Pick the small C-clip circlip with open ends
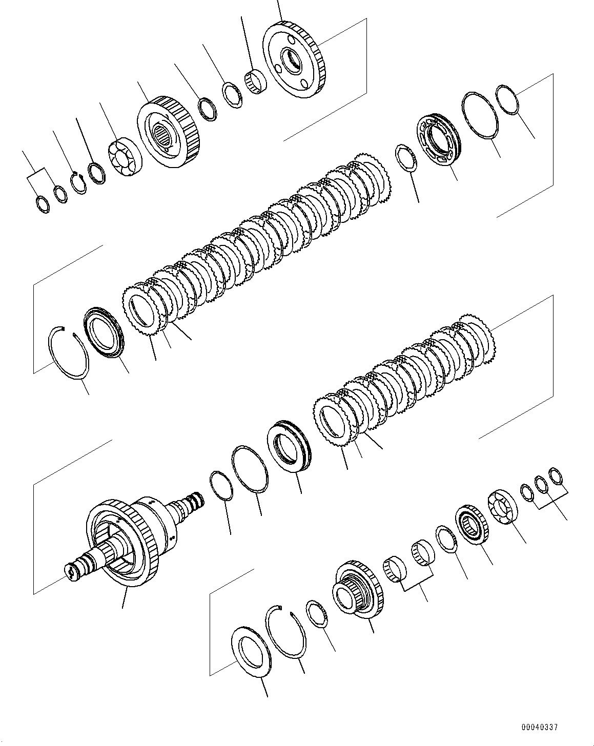pos(78,183)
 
